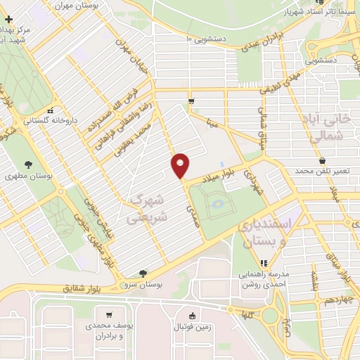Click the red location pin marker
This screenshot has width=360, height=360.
pyautogui.click(x=181, y=165)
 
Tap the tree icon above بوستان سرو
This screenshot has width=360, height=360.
pyautogui.click(x=144, y=273)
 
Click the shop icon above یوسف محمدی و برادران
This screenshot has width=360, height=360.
pyautogui.click(x=109, y=315)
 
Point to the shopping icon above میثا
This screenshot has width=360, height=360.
pyautogui.click(x=191, y=102)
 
